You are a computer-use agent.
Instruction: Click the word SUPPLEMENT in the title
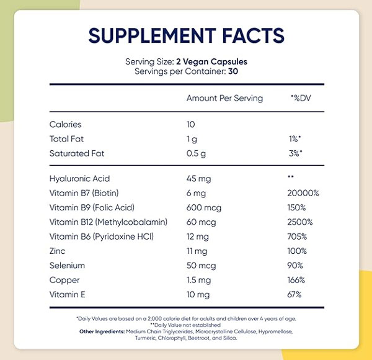(x=152, y=35)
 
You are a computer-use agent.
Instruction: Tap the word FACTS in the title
(x=253, y=35)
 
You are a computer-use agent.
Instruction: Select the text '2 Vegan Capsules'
(x=211, y=62)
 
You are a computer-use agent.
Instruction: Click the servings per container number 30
(x=233, y=71)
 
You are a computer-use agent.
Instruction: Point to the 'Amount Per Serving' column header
(x=224, y=98)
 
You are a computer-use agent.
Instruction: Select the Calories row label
(x=66, y=124)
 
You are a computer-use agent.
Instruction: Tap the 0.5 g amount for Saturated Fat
(x=196, y=154)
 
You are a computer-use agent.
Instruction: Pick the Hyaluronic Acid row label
(x=80, y=179)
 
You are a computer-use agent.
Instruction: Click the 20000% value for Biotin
(x=303, y=193)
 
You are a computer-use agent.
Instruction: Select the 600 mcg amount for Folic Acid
(x=204, y=208)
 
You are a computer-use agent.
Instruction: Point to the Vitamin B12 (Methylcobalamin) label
(x=108, y=222)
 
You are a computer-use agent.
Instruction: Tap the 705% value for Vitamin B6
(x=297, y=236)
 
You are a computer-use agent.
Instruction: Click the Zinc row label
(x=58, y=251)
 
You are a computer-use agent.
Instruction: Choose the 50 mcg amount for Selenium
(x=201, y=266)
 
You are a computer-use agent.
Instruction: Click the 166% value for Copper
(x=296, y=280)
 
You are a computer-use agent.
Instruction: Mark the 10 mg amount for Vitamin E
(x=198, y=295)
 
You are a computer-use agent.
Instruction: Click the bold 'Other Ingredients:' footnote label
(x=102, y=331)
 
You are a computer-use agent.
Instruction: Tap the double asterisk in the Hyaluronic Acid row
(x=291, y=176)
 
